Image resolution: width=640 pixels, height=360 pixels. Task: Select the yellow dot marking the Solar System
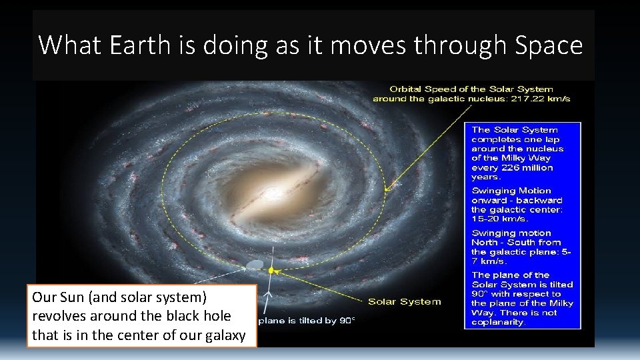coord(271,271)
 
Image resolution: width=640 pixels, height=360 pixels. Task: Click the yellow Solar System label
coord(405,301)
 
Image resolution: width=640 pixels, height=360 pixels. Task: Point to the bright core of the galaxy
coord(273,194)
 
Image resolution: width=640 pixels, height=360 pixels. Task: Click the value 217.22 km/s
coord(538,99)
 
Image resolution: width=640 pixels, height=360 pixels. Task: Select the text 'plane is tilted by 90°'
coord(307,321)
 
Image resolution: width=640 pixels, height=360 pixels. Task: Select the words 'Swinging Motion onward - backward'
coord(517,195)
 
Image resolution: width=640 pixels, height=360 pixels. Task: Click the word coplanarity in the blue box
coord(498,322)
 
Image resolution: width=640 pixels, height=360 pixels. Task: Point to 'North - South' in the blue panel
coord(515,243)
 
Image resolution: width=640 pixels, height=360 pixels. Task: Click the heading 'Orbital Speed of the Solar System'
coord(471,89)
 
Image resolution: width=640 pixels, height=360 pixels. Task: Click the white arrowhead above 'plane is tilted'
coord(267,294)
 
